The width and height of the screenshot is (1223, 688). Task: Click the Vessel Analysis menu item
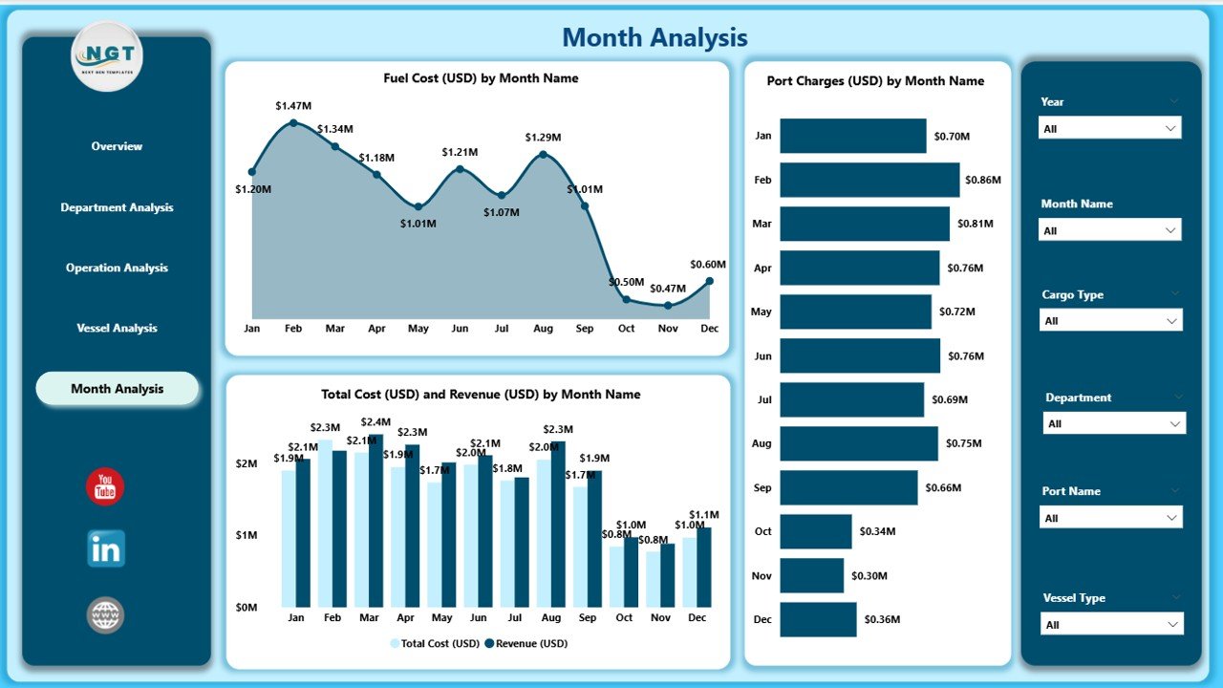click(x=117, y=328)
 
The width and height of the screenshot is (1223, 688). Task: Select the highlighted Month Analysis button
click(x=117, y=389)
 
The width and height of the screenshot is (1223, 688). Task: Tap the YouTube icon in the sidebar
click(x=105, y=486)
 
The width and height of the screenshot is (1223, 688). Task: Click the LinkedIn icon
click(x=105, y=548)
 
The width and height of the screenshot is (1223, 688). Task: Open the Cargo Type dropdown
click(x=1110, y=321)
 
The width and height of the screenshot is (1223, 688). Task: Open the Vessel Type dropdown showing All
click(x=1110, y=625)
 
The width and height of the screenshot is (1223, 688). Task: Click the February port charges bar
click(x=869, y=180)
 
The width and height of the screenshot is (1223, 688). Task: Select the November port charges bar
click(x=812, y=575)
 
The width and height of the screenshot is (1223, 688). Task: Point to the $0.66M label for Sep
click(x=943, y=487)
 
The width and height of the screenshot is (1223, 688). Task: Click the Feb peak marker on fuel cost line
click(x=293, y=122)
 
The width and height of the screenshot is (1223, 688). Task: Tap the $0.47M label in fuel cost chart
click(x=668, y=289)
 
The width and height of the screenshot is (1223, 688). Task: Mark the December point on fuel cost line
click(x=709, y=281)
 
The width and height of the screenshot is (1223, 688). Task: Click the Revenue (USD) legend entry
click(x=526, y=643)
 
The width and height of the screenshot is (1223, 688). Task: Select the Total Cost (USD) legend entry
click(x=435, y=643)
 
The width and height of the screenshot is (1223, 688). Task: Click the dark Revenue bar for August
click(x=558, y=524)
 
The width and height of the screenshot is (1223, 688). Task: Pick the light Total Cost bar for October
click(x=616, y=576)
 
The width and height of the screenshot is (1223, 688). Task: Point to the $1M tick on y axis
click(x=246, y=535)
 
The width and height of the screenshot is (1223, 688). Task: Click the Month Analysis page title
click(x=654, y=37)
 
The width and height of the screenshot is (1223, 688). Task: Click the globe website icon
click(x=105, y=614)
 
